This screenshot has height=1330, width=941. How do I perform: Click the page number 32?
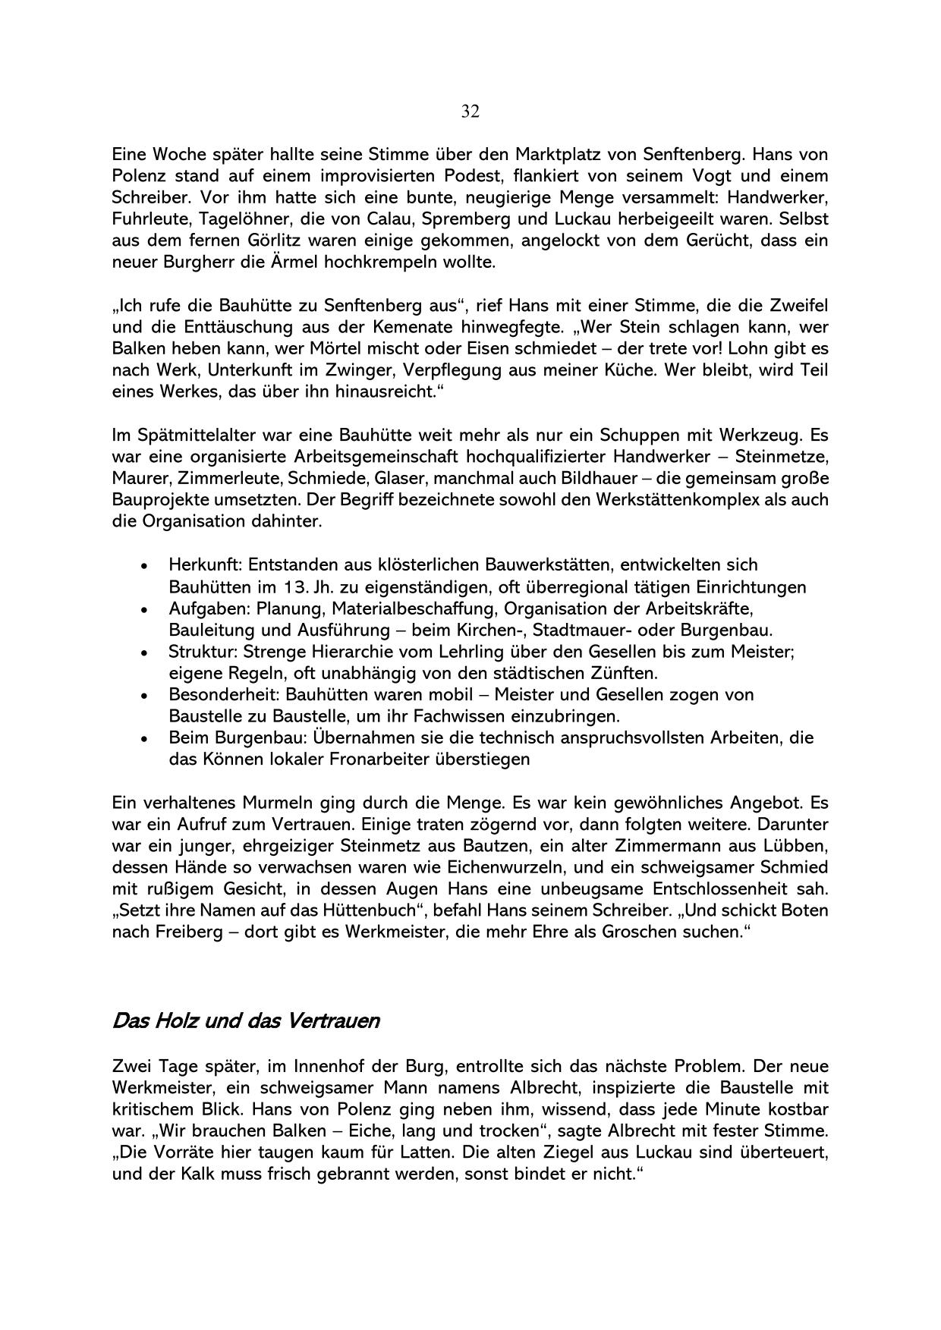tap(470, 112)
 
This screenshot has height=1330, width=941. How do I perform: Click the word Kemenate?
tap(412, 328)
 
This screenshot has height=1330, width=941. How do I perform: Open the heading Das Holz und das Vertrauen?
tap(245, 1021)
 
